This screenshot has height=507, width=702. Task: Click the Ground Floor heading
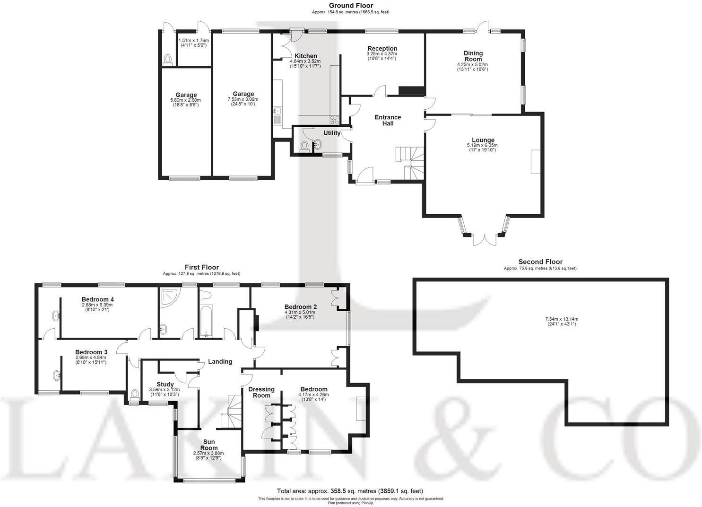tap(351, 6)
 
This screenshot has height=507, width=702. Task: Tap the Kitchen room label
tap(305, 56)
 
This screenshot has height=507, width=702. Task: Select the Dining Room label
tap(473, 56)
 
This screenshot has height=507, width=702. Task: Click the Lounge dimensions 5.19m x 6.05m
tap(483, 145)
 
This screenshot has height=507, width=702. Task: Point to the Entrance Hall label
tap(388, 120)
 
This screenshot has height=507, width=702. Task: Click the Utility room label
tap(331, 133)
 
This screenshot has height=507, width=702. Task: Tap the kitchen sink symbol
tap(277, 112)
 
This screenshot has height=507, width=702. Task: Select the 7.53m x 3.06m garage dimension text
tap(243, 99)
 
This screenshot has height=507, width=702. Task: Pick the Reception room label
tap(382, 48)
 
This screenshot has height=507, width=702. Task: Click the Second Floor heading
tap(540, 262)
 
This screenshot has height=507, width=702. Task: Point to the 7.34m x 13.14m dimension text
tap(562, 319)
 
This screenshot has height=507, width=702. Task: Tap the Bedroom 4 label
tap(97, 299)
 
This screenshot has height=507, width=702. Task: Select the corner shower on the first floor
tap(167, 297)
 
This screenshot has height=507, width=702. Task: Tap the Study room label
tap(165, 384)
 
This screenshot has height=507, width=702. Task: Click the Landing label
tap(220, 361)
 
